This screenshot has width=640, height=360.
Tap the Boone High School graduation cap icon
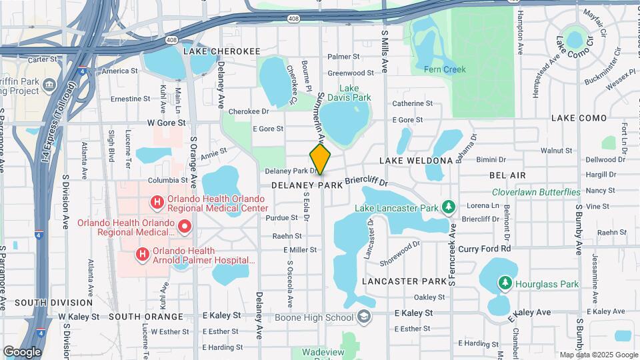click(x=364, y=317)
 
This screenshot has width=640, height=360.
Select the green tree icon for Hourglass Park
click(x=505, y=284)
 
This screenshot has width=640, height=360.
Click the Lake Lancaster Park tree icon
click(x=449, y=207)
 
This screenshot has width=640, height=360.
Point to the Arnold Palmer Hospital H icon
click(x=142, y=254)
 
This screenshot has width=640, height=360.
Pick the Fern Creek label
click(x=445, y=69)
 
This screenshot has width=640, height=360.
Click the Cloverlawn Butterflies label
click(x=536, y=192)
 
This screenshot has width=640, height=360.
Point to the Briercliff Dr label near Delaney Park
click(x=366, y=182)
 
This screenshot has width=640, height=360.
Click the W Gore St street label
click(x=165, y=123)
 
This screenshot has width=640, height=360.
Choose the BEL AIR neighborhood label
click(x=507, y=175)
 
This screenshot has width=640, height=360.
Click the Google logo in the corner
click(x=22, y=352)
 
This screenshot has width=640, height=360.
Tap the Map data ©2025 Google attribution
click(x=598, y=355)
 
